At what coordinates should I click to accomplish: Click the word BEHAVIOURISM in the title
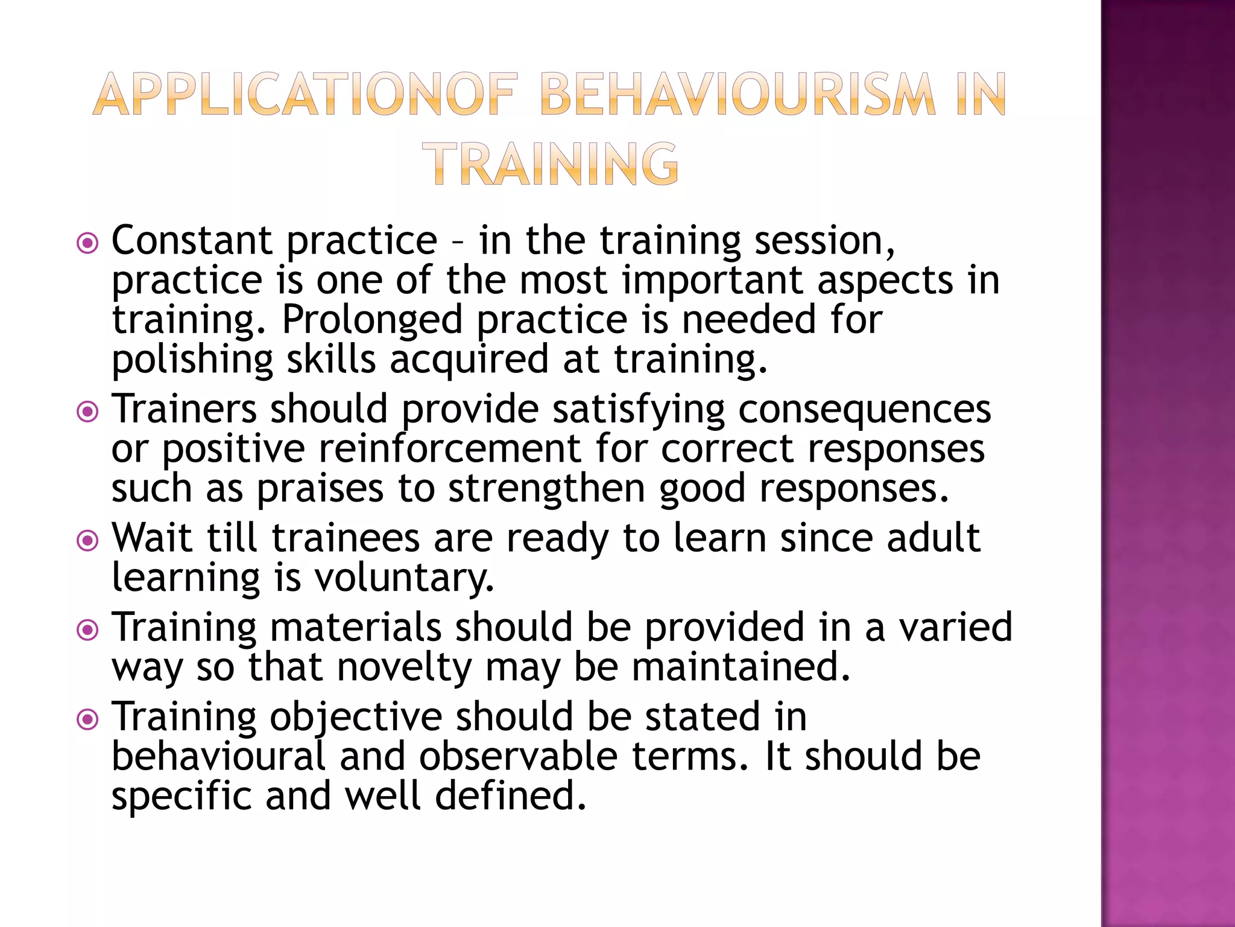pos(738,94)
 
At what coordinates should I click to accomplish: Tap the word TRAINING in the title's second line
pos(550,164)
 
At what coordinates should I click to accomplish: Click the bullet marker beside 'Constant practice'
pos(88,244)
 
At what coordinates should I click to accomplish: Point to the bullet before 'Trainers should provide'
pos(88,413)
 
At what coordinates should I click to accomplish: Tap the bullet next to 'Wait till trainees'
pos(88,541)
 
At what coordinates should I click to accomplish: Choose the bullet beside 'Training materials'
pos(88,631)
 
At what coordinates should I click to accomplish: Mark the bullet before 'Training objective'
pos(88,719)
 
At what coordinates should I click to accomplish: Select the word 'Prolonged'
pos(371,319)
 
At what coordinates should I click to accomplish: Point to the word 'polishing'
pos(192,360)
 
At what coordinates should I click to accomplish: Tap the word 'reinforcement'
pos(450,449)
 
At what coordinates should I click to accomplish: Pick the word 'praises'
pos(320,489)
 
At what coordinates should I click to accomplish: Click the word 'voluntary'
pos(404,578)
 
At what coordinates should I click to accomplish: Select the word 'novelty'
pos(404,668)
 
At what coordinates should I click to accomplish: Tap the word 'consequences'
pos(864,409)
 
